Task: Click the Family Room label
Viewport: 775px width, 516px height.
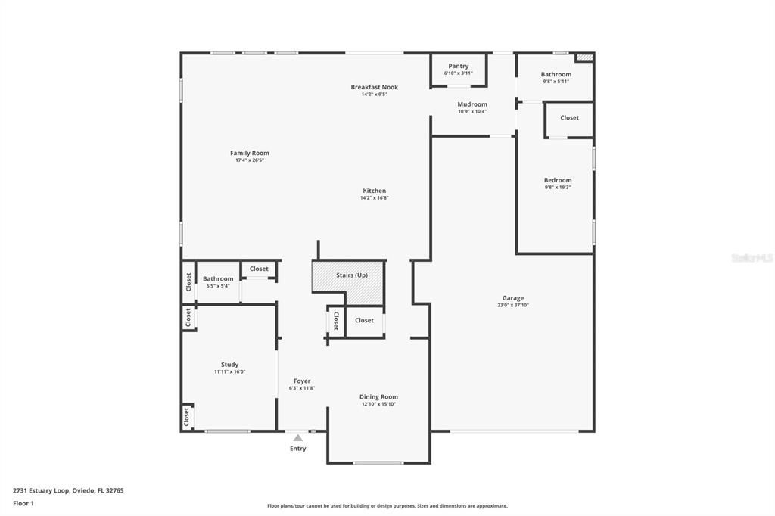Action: tap(250, 154)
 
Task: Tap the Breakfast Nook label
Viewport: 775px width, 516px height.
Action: tap(374, 87)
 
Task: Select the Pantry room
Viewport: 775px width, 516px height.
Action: tap(458, 69)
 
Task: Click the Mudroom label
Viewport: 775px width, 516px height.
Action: tap(472, 104)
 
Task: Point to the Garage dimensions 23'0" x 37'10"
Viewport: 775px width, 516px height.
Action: tap(512, 305)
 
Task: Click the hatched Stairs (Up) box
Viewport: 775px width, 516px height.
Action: tap(349, 275)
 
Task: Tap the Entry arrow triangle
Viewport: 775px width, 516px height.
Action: tap(298, 438)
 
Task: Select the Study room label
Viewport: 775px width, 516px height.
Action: tap(229, 365)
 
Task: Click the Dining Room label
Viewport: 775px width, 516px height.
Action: tap(378, 397)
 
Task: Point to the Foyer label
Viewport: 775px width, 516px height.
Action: tap(302, 381)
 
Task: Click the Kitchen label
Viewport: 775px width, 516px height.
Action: tap(374, 191)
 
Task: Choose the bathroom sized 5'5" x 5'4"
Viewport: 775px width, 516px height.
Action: tap(218, 282)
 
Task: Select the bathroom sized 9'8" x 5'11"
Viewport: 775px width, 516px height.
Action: tap(556, 77)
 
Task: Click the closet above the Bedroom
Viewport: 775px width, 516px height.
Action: tap(569, 118)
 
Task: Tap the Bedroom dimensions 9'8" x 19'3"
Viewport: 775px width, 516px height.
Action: tap(558, 187)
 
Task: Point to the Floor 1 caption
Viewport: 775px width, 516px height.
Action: tap(23, 503)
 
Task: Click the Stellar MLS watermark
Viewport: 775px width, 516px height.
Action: tap(752, 258)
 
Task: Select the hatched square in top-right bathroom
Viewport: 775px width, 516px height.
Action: tap(584, 57)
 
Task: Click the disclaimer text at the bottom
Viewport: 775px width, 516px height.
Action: tap(387, 506)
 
